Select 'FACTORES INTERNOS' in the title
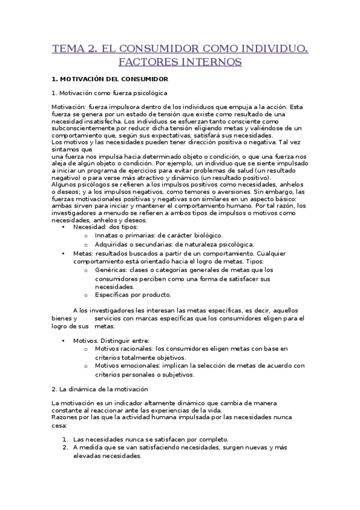tap(180, 61)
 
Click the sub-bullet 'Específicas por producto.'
tap(133, 295)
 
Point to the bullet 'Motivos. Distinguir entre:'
tap(111, 340)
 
